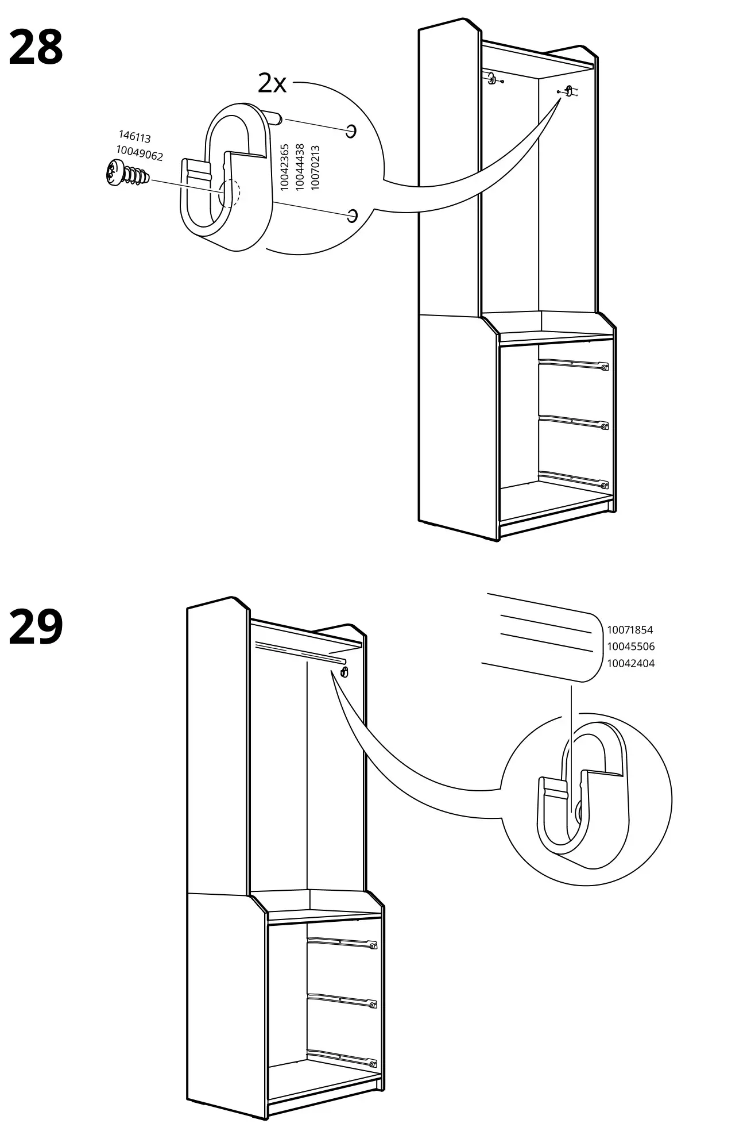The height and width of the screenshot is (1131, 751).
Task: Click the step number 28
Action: pos(36,48)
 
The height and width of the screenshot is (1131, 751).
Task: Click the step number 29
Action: pos(36,628)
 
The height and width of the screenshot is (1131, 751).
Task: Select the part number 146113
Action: pos(134,137)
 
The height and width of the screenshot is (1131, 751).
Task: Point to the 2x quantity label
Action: pos(272,84)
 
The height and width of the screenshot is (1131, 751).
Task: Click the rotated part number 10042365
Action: pos(284,167)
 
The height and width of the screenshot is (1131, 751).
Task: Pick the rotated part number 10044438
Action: pos(299,167)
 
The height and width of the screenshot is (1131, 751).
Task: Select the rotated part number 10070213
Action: pos(314,167)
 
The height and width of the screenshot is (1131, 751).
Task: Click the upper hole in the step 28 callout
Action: pos(351,131)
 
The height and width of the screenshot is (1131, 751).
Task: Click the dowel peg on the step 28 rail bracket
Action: pos(274,118)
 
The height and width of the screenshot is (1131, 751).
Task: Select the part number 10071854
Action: pos(630,630)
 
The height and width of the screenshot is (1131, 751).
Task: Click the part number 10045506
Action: pos(630,647)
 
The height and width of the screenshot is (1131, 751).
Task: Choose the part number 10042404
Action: pos(630,663)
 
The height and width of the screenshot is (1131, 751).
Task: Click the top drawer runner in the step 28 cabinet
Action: pos(573,363)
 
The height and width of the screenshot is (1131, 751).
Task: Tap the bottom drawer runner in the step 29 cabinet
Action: pos(342,1056)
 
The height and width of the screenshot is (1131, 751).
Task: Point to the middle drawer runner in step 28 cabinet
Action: pos(573,422)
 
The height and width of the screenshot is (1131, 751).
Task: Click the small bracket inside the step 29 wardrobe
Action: pos(344,672)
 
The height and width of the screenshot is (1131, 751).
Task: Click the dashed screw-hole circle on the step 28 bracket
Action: pos(229,193)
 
